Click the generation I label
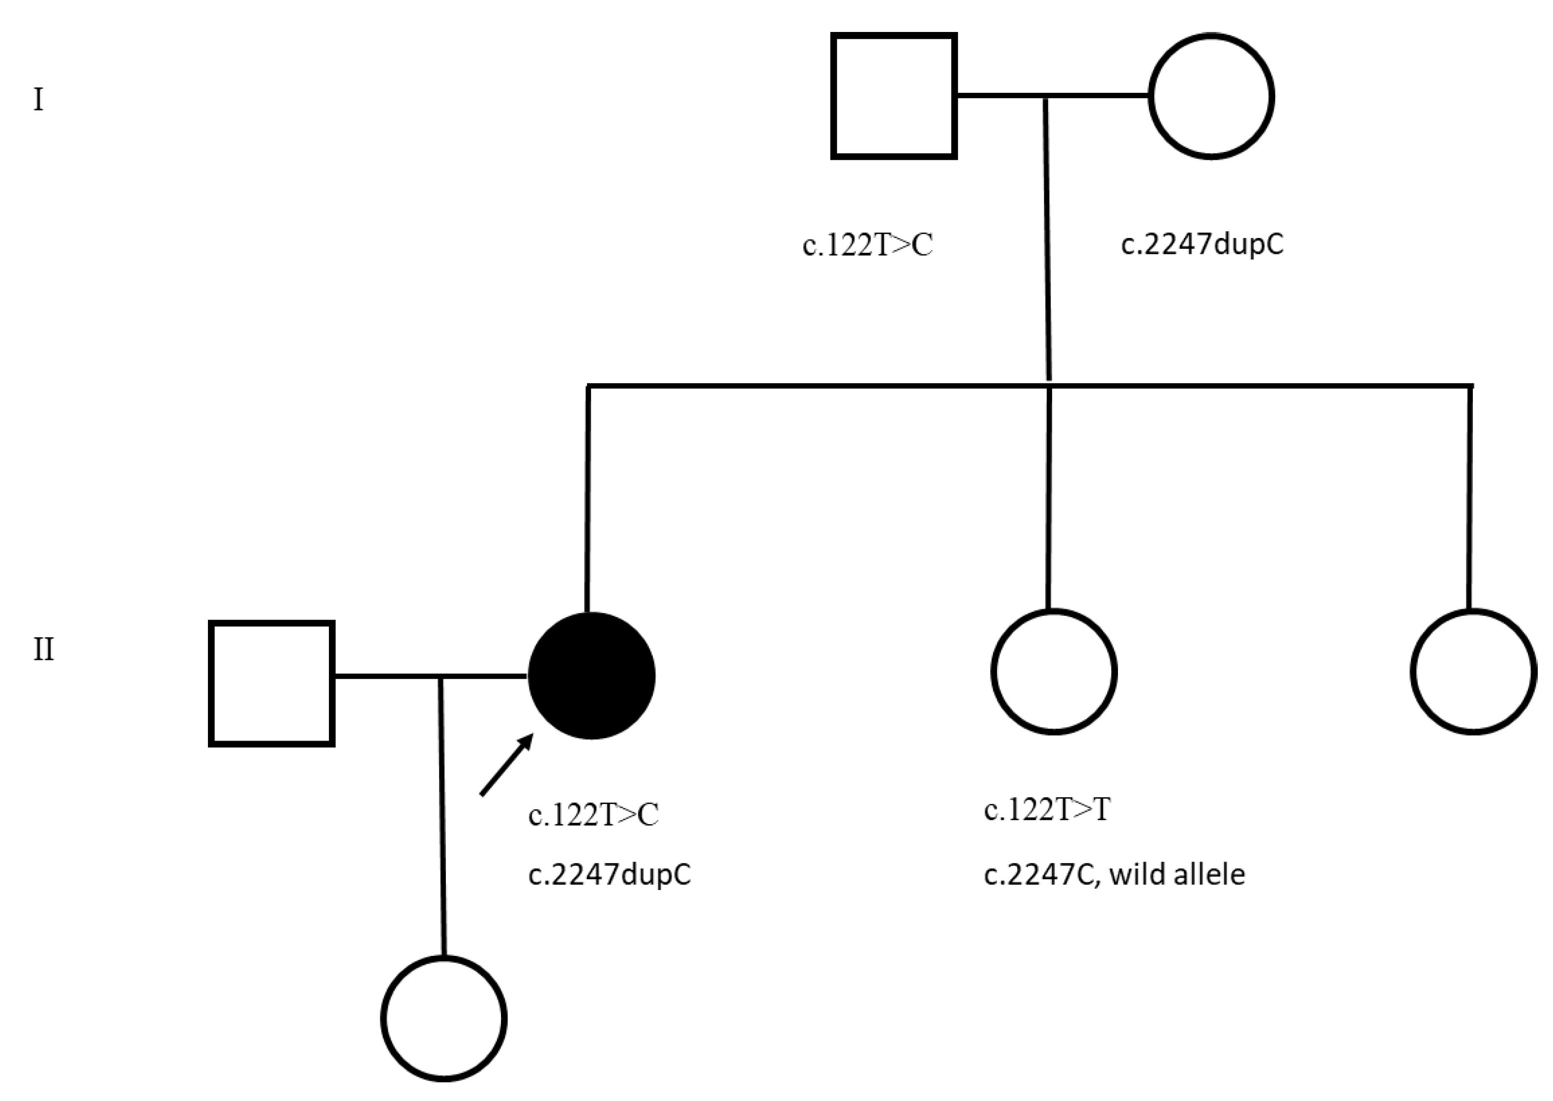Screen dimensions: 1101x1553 point(39,100)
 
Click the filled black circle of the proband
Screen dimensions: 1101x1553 point(591,675)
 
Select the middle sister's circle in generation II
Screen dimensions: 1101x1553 point(1054,671)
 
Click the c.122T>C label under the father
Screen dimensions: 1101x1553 point(867,245)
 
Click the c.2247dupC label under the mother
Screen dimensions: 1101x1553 point(1202,244)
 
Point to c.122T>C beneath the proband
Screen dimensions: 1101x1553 point(593,815)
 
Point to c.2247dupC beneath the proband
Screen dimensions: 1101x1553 point(609,875)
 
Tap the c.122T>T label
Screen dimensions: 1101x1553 point(1047,809)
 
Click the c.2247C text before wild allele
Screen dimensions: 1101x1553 point(1037,875)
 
